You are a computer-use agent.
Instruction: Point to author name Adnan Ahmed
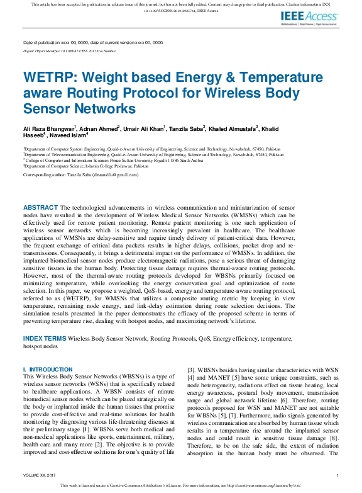(x=99, y=128)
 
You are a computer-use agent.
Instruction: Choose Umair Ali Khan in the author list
(x=143, y=128)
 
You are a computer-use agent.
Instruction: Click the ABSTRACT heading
(x=40, y=207)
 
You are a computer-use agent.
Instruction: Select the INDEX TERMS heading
(x=45, y=338)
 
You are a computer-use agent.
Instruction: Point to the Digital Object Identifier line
(x=69, y=50)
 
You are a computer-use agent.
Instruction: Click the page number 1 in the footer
(x=337, y=475)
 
